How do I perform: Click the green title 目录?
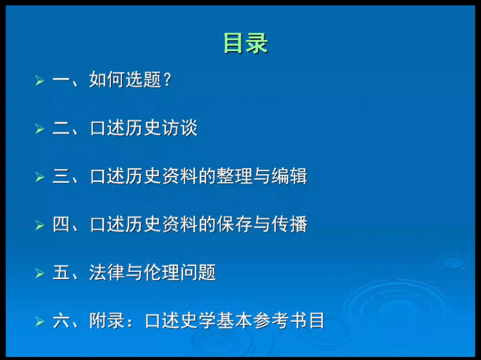click(246, 43)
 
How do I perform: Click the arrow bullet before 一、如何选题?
click(40, 81)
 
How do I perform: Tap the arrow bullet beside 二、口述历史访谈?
click(40, 129)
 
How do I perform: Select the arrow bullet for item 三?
click(40, 177)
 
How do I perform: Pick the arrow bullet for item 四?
click(40, 225)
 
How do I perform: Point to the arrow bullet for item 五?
click(40, 273)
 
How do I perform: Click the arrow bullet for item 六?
click(40, 322)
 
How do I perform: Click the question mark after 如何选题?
click(167, 80)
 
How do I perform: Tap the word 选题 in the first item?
click(143, 80)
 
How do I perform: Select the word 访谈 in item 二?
click(180, 128)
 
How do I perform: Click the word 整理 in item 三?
click(235, 176)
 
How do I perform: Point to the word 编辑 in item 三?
click(289, 176)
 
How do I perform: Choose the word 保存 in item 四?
click(235, 224)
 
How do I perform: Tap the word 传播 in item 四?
click(289, 224)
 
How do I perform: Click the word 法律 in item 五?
click(107, 272)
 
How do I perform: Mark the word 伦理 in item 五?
click(162, 272)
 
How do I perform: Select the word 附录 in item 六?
click(107, 320)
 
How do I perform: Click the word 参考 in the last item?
click(271, 320)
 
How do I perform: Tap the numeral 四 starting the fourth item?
click(61, 224)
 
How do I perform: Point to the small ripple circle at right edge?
click(454, 262)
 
